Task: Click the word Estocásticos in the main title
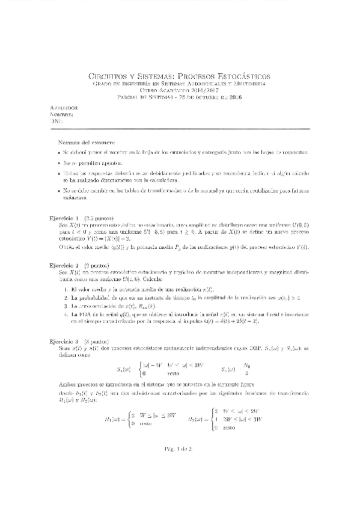pyautogui.click(x=242, y=76)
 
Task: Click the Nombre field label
pyautogui.click(x=63, y=114)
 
